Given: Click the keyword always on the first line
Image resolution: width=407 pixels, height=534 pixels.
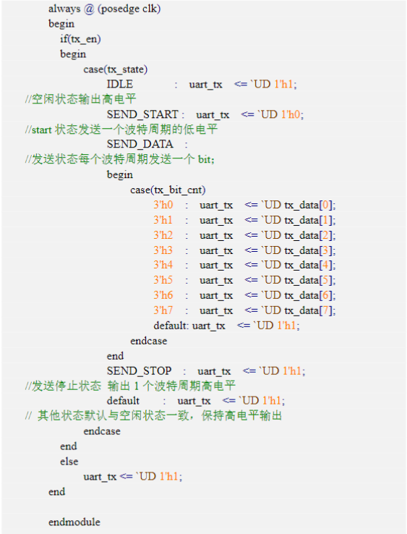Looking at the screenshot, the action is pyautogui.click(x=64, y=9).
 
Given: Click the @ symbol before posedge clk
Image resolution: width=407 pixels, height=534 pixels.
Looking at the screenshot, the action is pyautogui.click(x=89, y=9).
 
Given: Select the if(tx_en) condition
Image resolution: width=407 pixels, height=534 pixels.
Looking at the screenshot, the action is pyautogui.click(x=80, y=39).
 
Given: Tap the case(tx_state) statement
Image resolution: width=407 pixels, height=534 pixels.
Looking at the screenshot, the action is pyautogui.click(x=116, y=69).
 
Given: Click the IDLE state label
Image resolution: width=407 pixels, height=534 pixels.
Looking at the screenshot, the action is pyautogui.click(x=120, y=84).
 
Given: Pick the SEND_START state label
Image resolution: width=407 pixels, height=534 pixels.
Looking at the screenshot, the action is pyautogui.click(x=142, y=115).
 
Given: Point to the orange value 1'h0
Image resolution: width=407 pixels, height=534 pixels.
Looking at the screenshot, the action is pyautogui.click(x=291, y=114).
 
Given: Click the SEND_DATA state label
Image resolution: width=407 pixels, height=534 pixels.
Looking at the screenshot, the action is pyautogui.click(x=140, y=145).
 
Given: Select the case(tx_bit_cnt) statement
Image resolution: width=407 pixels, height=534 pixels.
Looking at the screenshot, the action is pyautogui.click(x=168, y=190).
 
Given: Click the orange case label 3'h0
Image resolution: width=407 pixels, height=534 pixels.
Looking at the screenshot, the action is pyautogui.click(x=163, y=205).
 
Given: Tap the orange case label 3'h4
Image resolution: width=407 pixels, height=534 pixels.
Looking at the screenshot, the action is pyautogui.click(x=163, y=265).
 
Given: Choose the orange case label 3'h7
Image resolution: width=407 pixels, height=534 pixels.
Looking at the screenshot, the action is pyautogui.click(x=163, y=310).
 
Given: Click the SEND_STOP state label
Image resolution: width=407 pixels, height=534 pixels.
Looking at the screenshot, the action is pyautogui.click(x=140, y=371).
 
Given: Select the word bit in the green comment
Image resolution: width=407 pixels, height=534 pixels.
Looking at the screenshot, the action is pyautogui.click(x=205, y=159).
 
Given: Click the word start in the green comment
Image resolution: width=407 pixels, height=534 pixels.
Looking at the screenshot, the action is pyautogui.click(x=41, y=130).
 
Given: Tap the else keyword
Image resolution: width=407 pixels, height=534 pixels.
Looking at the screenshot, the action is pyautogui.click(x=69, y=462).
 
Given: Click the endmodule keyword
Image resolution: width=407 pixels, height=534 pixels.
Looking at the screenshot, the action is pyautogui.click(x=74, y=522).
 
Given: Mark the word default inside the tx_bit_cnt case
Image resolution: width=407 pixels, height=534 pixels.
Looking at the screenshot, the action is pyautogui.click(x=171, y=326).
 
